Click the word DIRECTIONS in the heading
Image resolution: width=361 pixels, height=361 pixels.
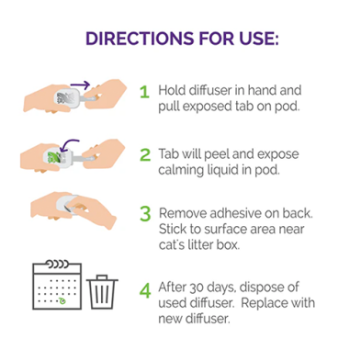140,39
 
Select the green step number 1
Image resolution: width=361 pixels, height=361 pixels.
144,92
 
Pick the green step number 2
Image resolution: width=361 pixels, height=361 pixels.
145,155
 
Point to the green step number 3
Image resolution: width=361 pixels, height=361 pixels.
145,214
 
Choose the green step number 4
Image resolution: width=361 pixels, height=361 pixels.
145,290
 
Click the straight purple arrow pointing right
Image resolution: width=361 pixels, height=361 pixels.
80,85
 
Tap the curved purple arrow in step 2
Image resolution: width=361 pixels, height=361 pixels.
69,145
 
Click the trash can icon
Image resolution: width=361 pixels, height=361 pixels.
102,292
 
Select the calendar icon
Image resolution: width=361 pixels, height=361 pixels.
57,285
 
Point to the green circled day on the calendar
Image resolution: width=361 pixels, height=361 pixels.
62,301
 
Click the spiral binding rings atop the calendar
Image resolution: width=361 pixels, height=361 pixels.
57,264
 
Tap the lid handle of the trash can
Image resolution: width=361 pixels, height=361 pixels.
102,276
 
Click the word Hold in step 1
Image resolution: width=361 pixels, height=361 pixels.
172,90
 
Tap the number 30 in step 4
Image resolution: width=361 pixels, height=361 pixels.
197,288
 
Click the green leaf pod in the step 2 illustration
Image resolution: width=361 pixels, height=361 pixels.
54,157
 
